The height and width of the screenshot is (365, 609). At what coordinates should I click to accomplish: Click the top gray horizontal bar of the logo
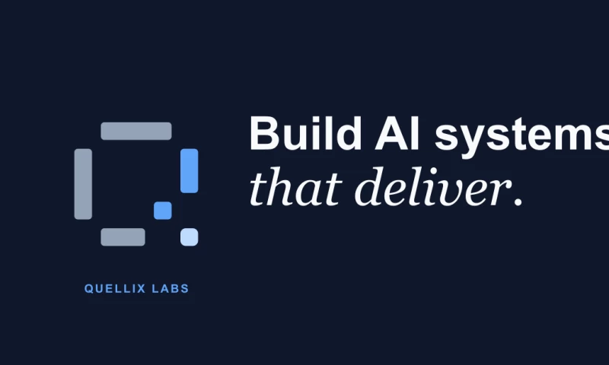pyautogui.click(x=136, y=131)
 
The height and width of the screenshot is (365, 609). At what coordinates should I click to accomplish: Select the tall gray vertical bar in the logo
pyautogui.click(x=83, y=184)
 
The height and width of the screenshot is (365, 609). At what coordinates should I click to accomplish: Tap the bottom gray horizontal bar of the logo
pyautogui.click(x=123, y=237)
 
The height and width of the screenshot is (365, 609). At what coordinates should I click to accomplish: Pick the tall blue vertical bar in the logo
pyautogui.click(x=189, y=170)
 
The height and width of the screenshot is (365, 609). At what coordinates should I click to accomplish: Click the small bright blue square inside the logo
pyautogui.click(x=163, y=211)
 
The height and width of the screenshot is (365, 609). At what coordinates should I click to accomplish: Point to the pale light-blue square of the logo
pyautogui.click(x=189, y=237)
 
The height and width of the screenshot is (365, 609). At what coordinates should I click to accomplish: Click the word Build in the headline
pyautogui.click(x=305, y=133)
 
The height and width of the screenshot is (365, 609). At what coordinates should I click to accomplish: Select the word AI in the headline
pyautogui.click(x=397, y=133)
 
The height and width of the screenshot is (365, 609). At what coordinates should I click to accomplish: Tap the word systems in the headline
pyautogui.click(x=521, y=138)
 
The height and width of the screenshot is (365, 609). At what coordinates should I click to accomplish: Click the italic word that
pyautogui.click(x=295, y=186)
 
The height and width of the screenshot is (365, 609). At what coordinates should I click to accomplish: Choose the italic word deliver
pyautogui.click(x=432, y=186)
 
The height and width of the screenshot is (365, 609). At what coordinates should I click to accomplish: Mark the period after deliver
pyautogui.click(x=518, y=202)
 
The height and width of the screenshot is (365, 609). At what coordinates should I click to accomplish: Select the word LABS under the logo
pyautogui.click(x=171, y=289)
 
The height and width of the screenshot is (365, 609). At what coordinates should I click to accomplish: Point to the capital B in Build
pyautogui.click(x=264, y=133)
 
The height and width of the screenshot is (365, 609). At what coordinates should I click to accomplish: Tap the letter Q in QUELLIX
pyautogui.click(x=88, y=289)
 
